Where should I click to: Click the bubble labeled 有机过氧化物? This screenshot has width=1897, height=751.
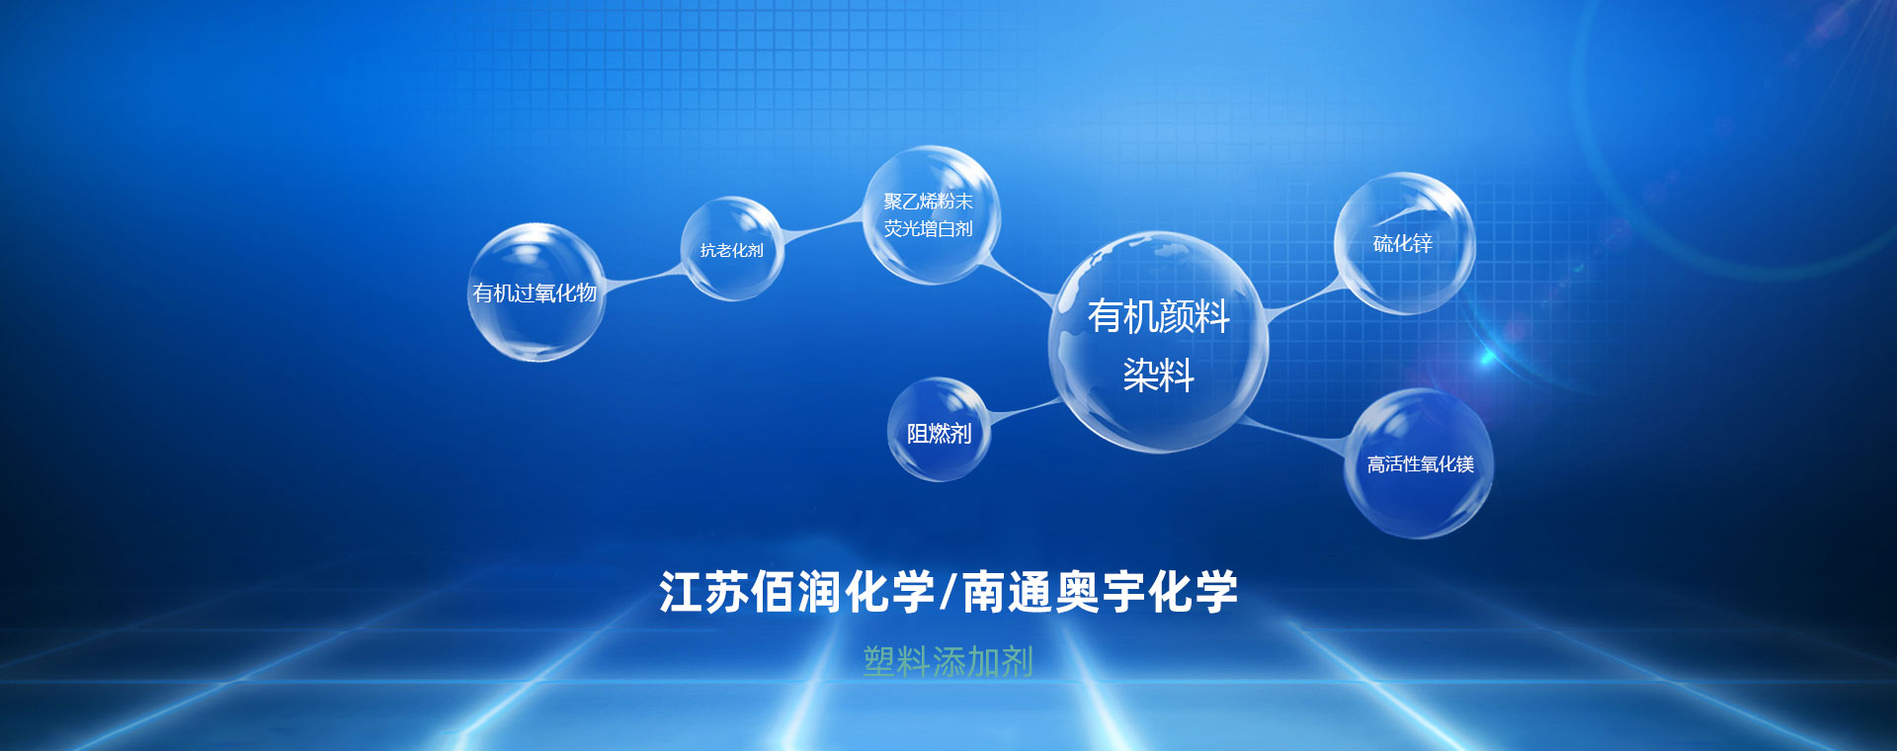[536, 292]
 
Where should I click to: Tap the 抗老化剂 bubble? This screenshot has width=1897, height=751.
[731, 249]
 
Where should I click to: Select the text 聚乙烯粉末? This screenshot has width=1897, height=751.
[928, 202]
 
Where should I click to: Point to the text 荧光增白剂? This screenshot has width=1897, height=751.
[928, 229]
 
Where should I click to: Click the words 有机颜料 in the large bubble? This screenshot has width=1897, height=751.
[1158, 316]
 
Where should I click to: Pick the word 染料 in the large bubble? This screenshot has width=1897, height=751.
[1158, 375]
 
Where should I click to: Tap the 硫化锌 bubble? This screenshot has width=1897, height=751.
[1404, 244]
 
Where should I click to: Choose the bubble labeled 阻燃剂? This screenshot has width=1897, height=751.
[939, 430]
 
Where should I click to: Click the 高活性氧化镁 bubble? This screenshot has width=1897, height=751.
[1419, 463]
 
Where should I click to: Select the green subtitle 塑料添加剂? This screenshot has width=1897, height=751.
[948, 661]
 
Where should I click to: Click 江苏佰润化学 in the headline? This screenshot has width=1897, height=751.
[796, 592]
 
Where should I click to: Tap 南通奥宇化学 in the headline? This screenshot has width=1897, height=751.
[1100, 592]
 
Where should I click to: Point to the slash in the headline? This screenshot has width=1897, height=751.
[948, 592]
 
